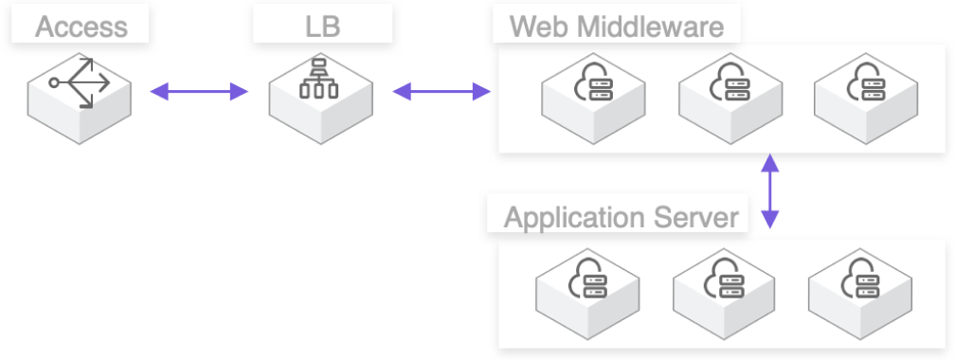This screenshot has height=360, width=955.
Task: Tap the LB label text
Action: click(323, 25)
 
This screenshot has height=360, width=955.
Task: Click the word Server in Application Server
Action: click(699, 217)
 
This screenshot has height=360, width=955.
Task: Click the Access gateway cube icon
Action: click(80, 95)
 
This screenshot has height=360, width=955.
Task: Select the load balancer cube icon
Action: click(320, 95)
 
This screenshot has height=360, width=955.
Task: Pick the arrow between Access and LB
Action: click(199, 92)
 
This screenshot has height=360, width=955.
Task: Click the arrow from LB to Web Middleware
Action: click(441, 92)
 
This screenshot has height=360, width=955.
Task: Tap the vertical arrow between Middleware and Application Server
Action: click(770, 193)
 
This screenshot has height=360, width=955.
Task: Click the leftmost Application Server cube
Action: click(587, 288)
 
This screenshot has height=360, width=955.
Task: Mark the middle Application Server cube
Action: click(724, 288)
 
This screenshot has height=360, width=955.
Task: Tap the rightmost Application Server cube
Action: click(860, 288)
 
